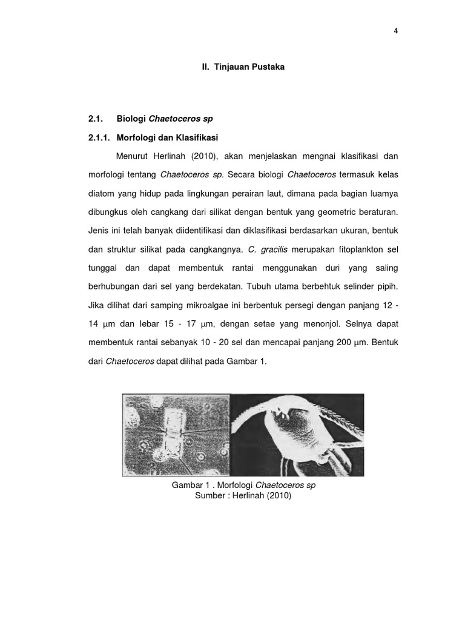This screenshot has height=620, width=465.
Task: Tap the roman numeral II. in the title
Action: pyautogui.click(x=206, y=67)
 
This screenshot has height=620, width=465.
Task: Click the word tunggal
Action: pyautogui.click(x=103, y=268)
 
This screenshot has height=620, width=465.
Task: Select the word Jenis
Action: pyautogui.click(x=98, y=231)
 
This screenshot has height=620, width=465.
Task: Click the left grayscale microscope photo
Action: pyautogui.click(x=176, y=432)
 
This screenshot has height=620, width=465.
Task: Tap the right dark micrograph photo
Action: pyautogui.click(x=297, y=432)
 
